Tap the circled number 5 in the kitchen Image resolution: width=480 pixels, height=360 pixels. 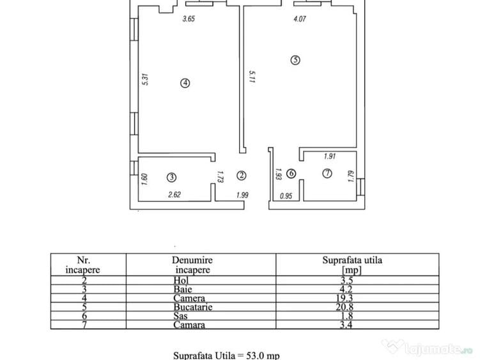point(295,61)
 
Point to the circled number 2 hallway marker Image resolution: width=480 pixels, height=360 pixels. point(242,175)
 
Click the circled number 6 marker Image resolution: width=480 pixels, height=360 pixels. point(291,173)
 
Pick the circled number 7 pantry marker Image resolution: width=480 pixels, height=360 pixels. point(327,173)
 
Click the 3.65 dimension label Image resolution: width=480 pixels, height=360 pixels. point(189,19)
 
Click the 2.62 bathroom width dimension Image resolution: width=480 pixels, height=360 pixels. point(174,196)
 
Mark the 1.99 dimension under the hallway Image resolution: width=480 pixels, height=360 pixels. point(242,196)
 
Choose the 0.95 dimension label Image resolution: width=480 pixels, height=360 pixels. point(287,196)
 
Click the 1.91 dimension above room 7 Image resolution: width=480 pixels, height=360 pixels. point(330,156)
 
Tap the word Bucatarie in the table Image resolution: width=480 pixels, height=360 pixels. point(192,307)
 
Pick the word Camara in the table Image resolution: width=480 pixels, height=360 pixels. point(189,325)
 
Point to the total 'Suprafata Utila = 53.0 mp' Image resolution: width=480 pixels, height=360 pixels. point(227,355)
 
